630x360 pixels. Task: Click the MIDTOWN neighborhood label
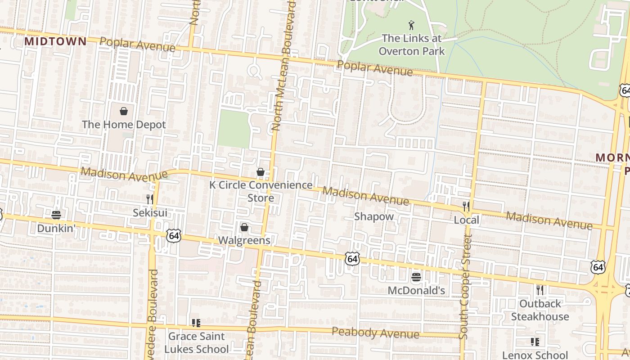point(55,41)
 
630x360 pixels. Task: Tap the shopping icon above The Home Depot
point(124,111)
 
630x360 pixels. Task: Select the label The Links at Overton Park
point(411,45)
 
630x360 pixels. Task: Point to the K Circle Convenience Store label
point(261,191)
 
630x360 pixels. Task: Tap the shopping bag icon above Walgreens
point(244,227)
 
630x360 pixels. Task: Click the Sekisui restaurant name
point(150,212)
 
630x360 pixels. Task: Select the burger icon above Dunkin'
point(56,215)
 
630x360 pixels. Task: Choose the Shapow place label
point(374,216)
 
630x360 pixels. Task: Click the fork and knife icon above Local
point(466,206)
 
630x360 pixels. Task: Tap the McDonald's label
point(416,291)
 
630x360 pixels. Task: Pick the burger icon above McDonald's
point(416,277)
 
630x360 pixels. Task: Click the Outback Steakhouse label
point(540,310)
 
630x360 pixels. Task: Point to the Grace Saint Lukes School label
point(196,342)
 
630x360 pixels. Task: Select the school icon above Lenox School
point(535,342)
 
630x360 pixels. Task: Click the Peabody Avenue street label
point(375,333)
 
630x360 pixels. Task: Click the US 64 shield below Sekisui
point(173,235)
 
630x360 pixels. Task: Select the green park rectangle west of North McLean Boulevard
point(234,129)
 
